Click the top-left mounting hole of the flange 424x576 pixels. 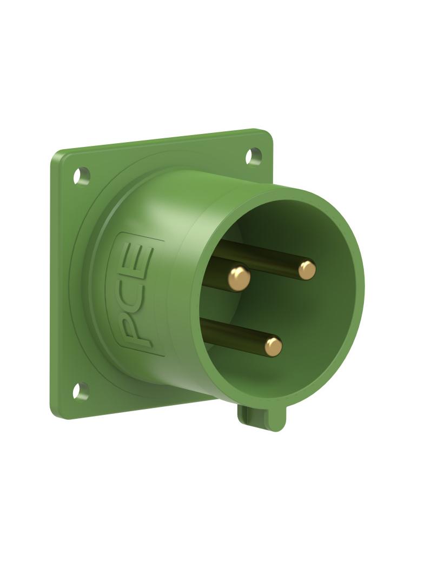pyautogui.click(x=82, y=176)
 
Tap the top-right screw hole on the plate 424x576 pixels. pyautogui.click(x=253, y=157)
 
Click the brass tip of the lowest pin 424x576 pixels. pyautogui.click(x=273, y=346)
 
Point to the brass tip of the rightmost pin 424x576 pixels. pyautogui.click(x=307, y=269)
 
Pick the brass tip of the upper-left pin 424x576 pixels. pyautogui.click(x=239, y=279)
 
